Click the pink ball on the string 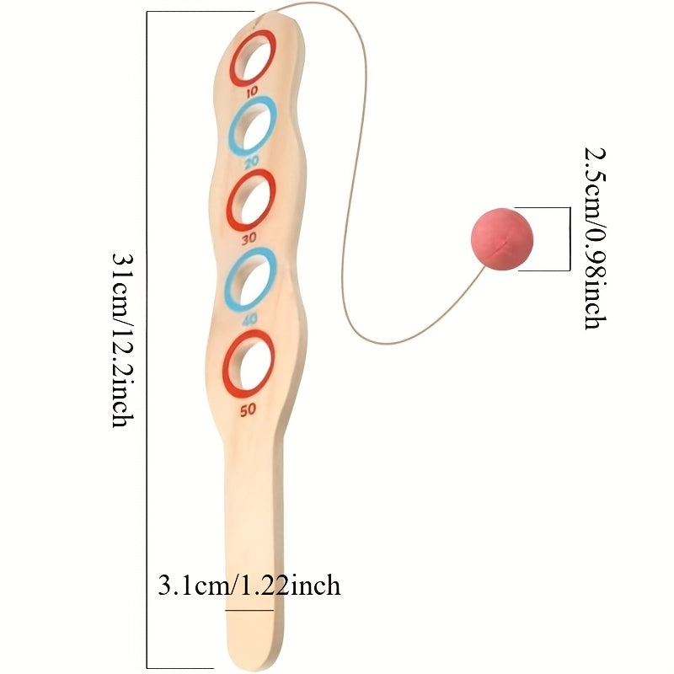click(x=502, y=239)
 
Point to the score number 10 click(x=252, y=92)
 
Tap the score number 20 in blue click(x=252, y=162)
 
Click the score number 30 click(x=249, y=238)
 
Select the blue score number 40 click(x=249, y=319)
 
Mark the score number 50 click(x=248, y=410)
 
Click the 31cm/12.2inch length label click(x=123, y=340)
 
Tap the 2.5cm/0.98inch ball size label click(x=596, y=238)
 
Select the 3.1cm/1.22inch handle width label click(x=249, y=585)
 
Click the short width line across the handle click(x=249, y=610)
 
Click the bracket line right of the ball click(x=570, y=239)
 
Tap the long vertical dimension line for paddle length click(x=147, y=340)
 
